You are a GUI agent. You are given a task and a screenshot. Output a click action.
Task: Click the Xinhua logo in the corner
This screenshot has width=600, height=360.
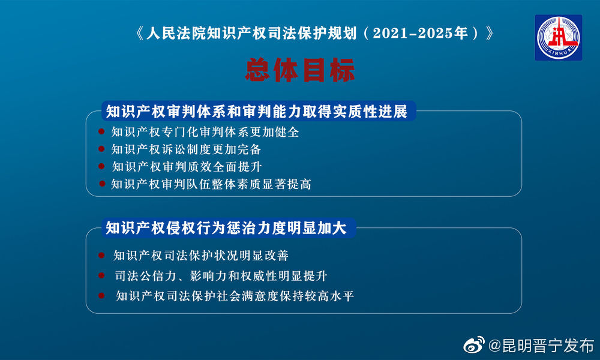coord(558,37)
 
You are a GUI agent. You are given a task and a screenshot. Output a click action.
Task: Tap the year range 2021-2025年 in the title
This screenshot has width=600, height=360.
coord(420,34)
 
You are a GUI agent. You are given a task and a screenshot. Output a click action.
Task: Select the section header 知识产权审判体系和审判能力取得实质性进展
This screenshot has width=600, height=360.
coord(257,112)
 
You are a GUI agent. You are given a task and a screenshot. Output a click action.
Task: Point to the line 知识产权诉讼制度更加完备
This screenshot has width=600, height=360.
coord(186,149)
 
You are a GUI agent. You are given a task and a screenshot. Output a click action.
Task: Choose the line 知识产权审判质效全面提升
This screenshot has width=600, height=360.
coord(186,167)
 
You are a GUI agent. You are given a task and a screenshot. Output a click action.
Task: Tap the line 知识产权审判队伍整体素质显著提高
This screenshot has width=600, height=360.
coord(211,184)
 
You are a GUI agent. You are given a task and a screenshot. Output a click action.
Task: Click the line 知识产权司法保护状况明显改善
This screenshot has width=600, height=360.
coord(201,256)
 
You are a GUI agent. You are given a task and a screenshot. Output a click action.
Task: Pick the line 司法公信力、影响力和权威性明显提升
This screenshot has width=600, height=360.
coord(220,276)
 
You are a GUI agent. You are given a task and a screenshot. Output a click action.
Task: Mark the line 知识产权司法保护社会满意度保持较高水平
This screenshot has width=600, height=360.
coord(235,296)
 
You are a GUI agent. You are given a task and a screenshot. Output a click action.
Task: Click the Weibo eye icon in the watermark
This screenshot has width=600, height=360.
coord(473,345)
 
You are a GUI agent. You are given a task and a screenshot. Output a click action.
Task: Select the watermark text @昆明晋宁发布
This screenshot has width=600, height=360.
coord(541,346)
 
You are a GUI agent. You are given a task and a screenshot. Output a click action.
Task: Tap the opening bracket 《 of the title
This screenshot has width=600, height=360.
coord(140,34)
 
